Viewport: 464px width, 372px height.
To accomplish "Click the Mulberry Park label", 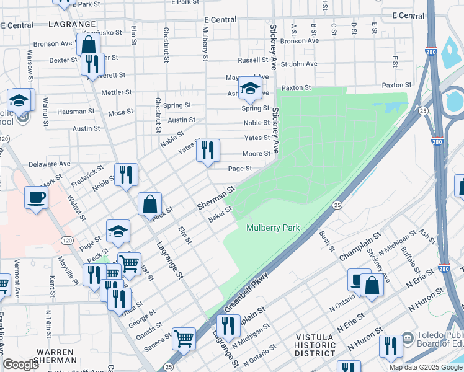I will (x=273, y=228).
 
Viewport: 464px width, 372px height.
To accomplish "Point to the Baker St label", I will (x=220, y=215).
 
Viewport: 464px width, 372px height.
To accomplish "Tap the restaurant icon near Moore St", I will (x=208, y=150).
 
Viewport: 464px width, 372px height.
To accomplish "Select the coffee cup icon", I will (x=36, y=198).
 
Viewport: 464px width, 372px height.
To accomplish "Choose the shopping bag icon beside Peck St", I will (x=150, y=203).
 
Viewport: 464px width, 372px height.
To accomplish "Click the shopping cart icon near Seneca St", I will (x=184, y=339).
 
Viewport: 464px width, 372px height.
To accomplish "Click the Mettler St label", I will (x=117, y=92).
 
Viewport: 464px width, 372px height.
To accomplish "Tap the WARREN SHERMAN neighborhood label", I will (x=56, y=356).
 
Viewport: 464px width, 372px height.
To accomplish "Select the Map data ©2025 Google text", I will (x=426, y=367).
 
